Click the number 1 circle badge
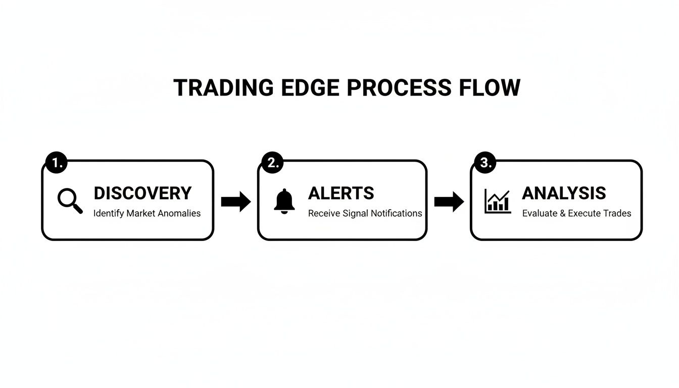tap(56, 163)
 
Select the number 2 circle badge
tap(272, 163)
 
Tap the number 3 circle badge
tap(485, 163)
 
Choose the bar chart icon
tap(497, 201)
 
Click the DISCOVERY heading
tap(142, 193)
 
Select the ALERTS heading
tap(341, 193)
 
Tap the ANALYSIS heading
tap(564, 193)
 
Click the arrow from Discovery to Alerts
tap(235, 202)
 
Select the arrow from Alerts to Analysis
tap(449, 202)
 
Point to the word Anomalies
tap(179, 213)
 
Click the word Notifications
tap(396, 213)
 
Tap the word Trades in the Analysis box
tap(617, 213)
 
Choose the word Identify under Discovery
tap(109, 213)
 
